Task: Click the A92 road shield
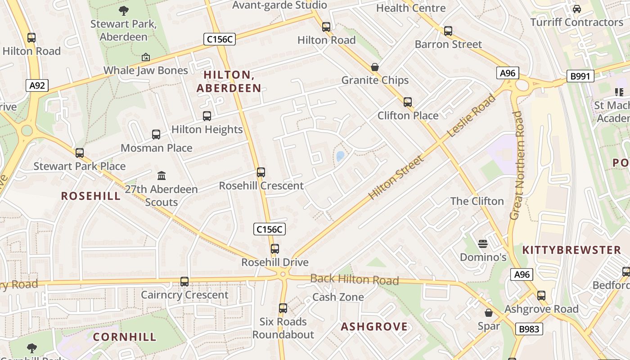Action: click(37, 85)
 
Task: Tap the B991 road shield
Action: click(580, 76)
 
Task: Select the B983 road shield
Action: click(529, 329)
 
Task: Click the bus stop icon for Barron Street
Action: click(448, 31)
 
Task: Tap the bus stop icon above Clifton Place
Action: click(407, 102)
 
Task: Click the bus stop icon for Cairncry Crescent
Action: click(184, 282)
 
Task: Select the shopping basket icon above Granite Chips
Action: click(374, 67)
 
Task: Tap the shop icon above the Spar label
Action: click(488, 313)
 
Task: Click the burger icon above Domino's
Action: click(483, 244)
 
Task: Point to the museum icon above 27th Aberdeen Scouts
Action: click(161, 175)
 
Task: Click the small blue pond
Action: click(340, 156)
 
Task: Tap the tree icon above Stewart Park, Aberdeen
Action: click(123, 11)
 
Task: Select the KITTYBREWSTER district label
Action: click(571, 250)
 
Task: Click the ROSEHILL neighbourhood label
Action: click(90, 196)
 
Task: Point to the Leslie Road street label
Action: click(471, 116)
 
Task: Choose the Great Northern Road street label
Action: click(517, 165)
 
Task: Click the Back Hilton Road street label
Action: click(354, 280)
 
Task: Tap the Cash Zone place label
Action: click(338, 297)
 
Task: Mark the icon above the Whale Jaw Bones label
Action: click(145, 57)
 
